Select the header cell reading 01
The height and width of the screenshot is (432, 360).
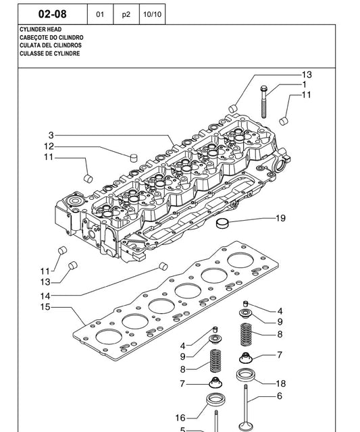tap(100, 13)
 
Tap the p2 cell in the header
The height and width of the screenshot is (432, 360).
tap(126, 13)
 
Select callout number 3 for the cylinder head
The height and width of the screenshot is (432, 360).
tap(51, 135)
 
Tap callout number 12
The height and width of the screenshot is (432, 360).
tap(49, 146)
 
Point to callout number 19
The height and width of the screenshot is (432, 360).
tap(280, 218)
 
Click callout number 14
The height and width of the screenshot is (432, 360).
tap(45, 296)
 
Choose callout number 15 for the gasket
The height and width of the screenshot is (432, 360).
tap(45, 308)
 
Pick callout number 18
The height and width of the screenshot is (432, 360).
tap(280, 383)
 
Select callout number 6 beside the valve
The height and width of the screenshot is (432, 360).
tap(279, 396)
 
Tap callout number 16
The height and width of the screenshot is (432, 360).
tap(180, 418)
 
